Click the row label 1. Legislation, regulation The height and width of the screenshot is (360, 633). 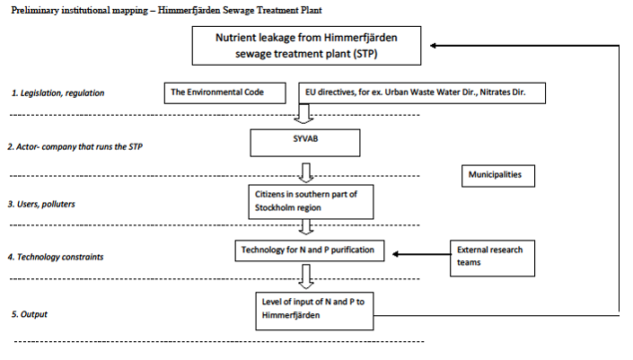[x=57, y=93]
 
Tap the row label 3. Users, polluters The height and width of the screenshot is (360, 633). [x=41, y=204]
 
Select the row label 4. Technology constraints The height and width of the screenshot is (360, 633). [x=56, y=257]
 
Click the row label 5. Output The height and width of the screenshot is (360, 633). [x=29, y=314]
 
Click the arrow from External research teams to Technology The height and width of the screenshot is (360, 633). [x=421, y=254]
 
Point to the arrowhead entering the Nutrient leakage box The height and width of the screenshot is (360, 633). [x=433, y=46]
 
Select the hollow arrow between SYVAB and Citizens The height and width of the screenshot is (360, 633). [x=306, y=172]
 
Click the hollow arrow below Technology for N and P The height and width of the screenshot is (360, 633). [x=306, y=277]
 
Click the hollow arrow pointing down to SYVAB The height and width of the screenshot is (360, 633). [x=304, y=114]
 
